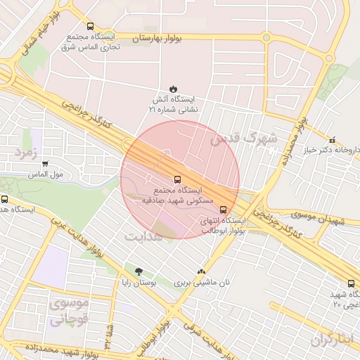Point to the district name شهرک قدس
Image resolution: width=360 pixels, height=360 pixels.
click(244, 137)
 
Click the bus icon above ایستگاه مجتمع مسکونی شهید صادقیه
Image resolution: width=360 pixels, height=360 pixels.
click(176, 179)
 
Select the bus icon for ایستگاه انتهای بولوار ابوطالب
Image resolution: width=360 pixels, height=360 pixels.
click(224, 209)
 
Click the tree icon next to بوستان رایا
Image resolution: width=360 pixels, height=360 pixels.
click(138, 271)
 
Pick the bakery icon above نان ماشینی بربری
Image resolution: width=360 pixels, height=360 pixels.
click(202, 271)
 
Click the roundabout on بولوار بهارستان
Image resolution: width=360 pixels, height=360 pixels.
click(266, 37)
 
